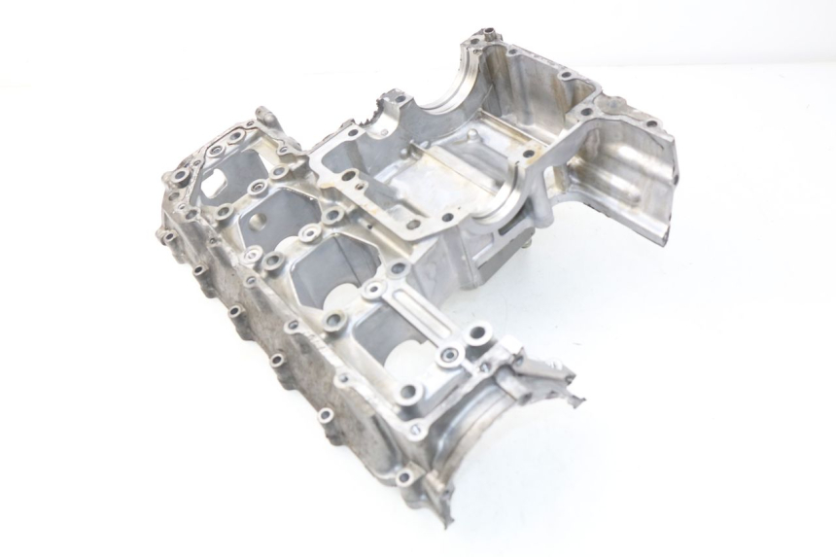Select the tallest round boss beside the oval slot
(x=477, y=335)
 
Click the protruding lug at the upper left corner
(x=266, y=119)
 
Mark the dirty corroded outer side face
(x=262, y=331)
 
